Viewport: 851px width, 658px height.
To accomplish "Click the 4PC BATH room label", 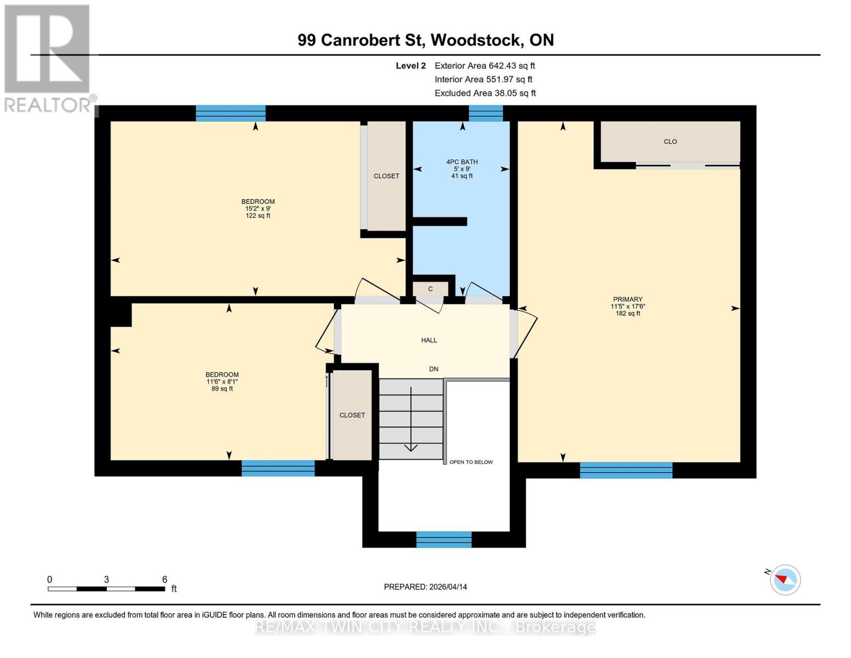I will point(462,162).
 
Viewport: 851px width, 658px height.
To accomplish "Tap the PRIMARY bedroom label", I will point(627,299).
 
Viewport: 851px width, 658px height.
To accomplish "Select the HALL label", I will point(429,340).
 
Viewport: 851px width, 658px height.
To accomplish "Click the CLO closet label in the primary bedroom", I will point(670,141).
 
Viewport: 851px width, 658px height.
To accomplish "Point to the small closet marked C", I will point(430,289).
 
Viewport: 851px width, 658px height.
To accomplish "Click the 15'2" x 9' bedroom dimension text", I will point(258,208).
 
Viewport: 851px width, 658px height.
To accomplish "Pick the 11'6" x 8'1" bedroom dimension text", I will point(222,382).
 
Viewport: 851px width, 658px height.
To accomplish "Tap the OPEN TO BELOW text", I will point(471,462).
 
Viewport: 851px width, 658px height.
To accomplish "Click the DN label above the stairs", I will point(433,369).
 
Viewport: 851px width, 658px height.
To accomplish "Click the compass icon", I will point(785,580).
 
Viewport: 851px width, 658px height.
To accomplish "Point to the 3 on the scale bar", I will point(106,580).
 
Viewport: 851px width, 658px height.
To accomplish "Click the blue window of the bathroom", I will point(486,113).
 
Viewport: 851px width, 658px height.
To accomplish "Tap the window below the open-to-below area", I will point(443,540).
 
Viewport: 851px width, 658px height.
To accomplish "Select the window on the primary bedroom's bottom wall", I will point(626,470).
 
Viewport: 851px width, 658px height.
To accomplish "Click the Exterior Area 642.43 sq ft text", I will point(484,65).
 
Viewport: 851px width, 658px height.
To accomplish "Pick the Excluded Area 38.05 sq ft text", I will point(485,93).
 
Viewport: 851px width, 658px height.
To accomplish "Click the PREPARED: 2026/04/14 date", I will point(425,587).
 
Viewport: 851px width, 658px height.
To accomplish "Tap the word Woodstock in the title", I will point(476,40).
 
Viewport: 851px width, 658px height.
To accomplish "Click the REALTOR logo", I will point(47,58).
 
